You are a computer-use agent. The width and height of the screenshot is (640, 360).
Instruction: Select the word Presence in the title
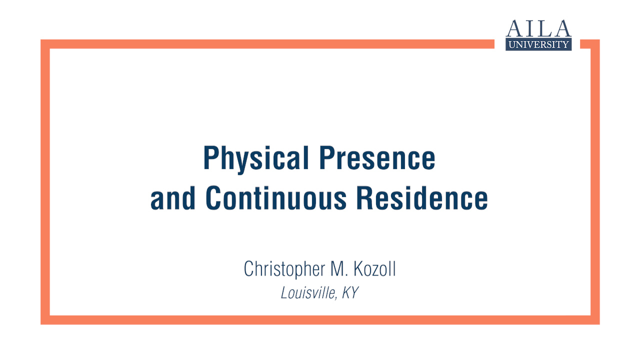pos(377,157)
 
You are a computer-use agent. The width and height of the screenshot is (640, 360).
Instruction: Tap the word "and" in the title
pos(173,197)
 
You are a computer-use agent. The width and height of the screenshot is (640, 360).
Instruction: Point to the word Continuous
pos(276,197)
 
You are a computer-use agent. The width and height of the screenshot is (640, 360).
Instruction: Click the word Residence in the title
pos(422,197)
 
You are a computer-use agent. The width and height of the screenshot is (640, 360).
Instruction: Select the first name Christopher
pos(284,269)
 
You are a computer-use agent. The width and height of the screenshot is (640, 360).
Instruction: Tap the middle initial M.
pos(339,268)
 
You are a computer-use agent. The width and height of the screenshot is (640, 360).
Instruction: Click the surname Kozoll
pos(374,268)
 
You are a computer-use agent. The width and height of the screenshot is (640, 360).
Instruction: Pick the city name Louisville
pos(307,292)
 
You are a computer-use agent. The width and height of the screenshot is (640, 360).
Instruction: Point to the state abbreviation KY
pos(350,292)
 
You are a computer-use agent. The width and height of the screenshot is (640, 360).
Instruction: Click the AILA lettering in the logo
pos(538,28)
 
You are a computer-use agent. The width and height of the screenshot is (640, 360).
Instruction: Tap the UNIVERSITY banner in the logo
pos(538,44)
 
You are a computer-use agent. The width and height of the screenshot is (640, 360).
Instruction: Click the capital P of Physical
pos(210,157)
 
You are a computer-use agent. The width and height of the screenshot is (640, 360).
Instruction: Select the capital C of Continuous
pos(212,197)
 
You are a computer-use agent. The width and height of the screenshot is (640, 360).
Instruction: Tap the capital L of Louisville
pos(285,292)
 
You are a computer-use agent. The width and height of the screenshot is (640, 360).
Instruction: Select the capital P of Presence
pos(326,157)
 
